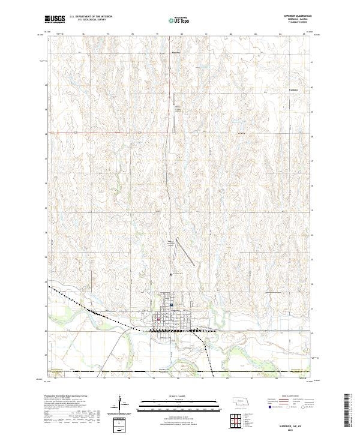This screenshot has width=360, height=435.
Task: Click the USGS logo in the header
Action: click(55, 19)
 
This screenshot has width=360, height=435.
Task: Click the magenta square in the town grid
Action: click(158, 319)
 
